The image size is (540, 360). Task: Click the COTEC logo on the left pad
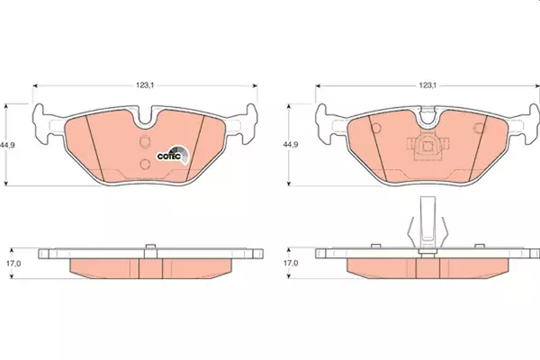tap(173, 156)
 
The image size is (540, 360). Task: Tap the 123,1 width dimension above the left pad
tap(145, 85)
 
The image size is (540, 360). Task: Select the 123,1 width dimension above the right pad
tap(427, 85)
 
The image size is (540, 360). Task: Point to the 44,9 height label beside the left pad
tap(7, 145)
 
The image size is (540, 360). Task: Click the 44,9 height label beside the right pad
tap(291, 145)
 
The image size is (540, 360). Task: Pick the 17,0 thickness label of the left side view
tap(13, 264)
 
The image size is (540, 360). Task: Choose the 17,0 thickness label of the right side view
tap(291, 264)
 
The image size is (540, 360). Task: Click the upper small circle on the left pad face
tap(145, 141)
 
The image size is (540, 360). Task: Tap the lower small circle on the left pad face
tap(145, 164)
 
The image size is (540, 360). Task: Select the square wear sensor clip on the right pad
tap(427, 146)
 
